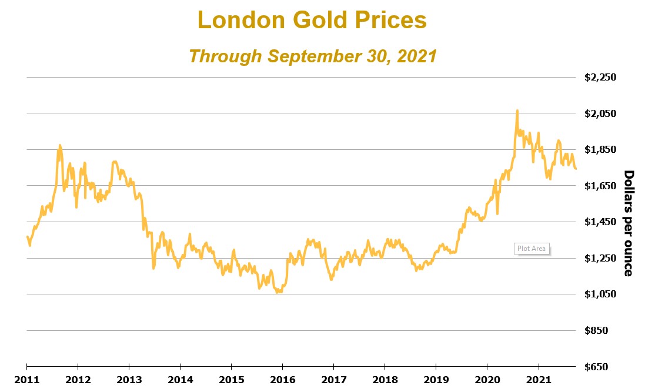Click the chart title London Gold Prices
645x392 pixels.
coord(312,21)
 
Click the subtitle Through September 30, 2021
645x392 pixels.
coord(312,56)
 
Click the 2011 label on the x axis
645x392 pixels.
coord(26,380)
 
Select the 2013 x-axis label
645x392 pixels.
coord(129,380)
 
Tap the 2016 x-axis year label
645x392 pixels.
coord(282,380)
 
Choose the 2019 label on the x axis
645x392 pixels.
coord(436,380)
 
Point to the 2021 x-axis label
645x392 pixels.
coord(538,380)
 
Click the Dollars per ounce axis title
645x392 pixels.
coord(628,223)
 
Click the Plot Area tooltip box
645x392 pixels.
coord(531,249)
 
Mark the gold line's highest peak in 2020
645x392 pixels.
coord(517,110)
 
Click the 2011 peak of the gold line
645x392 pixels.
coord(60,145)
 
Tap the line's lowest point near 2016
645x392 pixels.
coord(278,292)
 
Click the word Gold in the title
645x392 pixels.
coord(319,21)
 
